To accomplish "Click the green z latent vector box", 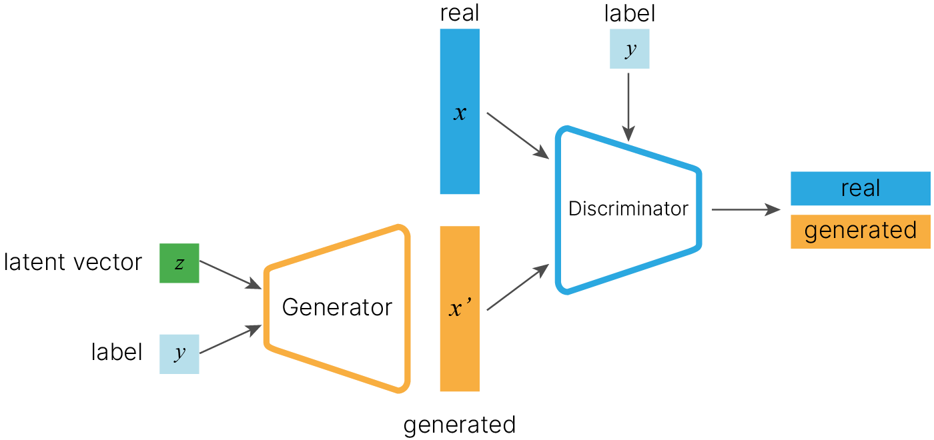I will point(179,263).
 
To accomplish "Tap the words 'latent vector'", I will point(73,263).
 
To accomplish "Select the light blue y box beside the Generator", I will point(179,353).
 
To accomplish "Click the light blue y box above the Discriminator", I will point(629,49).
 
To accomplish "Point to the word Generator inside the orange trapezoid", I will point(337,307).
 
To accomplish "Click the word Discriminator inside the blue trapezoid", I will point(628,209).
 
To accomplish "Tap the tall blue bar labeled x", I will point(459,112).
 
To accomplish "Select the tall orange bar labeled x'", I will point(459,309).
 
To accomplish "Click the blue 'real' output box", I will point(860,189).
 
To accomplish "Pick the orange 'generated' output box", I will point(860,231).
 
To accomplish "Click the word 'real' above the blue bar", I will point(460,14).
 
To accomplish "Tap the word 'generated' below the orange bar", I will point(460,425).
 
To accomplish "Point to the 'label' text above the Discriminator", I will point(629,14).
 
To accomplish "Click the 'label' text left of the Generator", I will point(117,352).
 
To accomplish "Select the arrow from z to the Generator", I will point(230,275).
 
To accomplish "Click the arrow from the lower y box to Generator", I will point(230,339).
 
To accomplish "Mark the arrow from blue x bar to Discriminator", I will point(518,136).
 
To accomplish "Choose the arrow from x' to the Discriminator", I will point(518,287).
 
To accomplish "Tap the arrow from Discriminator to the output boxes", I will point(745,210).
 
